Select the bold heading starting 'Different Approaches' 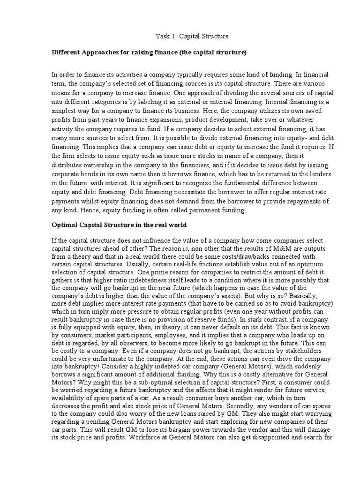click(149, 53)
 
